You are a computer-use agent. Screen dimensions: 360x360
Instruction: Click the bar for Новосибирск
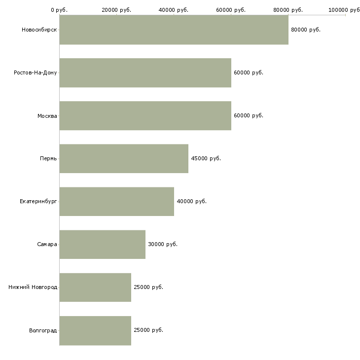pyautogui.click(x=174, y=30)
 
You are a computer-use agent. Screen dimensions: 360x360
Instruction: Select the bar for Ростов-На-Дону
pyautogui.click(x=145, y=72)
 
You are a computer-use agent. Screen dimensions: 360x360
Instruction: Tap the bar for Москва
pyautogui.click(x=145, y=115)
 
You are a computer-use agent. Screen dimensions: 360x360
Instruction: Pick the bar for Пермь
pyautogui.click(x=124, y=158)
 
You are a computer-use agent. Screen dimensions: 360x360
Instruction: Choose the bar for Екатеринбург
pyautogui.click(x=116, y=201)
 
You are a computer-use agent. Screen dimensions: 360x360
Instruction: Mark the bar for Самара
pyautogui.click(x=102, y=244)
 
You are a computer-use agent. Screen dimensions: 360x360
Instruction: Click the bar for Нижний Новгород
pyautogui.click(x=95, y=287)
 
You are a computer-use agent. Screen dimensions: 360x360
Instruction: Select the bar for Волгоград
pyautogui.click(x=95, y=330)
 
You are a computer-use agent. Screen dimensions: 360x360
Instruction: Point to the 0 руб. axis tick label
pyautogui.click(x=59, y=10)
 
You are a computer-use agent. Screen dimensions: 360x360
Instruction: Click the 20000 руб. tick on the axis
pyautogui.click(x=116, y=10)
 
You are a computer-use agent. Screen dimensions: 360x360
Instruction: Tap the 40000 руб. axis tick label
pyautogui.click(x=174, y=10)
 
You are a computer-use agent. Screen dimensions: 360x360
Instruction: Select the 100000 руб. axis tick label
pyautogui.click(x=344, y=10)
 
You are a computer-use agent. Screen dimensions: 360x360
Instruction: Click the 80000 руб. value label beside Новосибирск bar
pyautogui.click(x=306, y=30)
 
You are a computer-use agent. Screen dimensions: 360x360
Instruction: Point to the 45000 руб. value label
pyautogui.click(x=206, y=158)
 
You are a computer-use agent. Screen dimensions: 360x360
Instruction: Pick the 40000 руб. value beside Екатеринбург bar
pyautogui.click(x=191, y=201)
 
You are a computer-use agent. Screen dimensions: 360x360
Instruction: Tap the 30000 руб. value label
pyautogui.click(x=163, y=244)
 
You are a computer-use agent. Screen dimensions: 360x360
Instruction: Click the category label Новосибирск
pyautogui.click(x=39, y=30)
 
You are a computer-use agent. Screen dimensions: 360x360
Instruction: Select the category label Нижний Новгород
pyautogui.click(x=33, y=287)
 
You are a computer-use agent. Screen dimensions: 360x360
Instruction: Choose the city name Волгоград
pyautogui.click(x=43, y=330)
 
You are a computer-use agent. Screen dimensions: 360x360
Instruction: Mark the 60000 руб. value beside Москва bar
pyautogui.click(x=249, y=115)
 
